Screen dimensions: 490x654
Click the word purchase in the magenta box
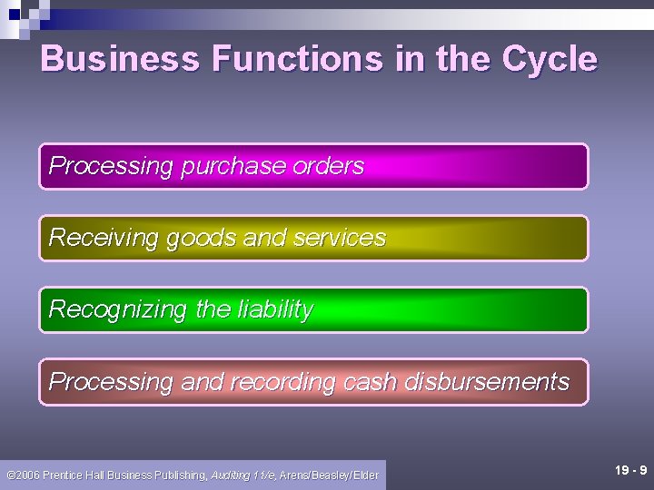coord(233,167)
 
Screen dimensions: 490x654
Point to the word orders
coord(328,167)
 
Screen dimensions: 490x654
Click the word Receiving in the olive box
coord(104,238)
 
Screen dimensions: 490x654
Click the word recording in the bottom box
coord(282,382)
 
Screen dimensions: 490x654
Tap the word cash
coord(369,382)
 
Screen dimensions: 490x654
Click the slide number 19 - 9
coord(630,470)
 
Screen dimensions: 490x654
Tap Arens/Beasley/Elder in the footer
coord(329,475)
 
